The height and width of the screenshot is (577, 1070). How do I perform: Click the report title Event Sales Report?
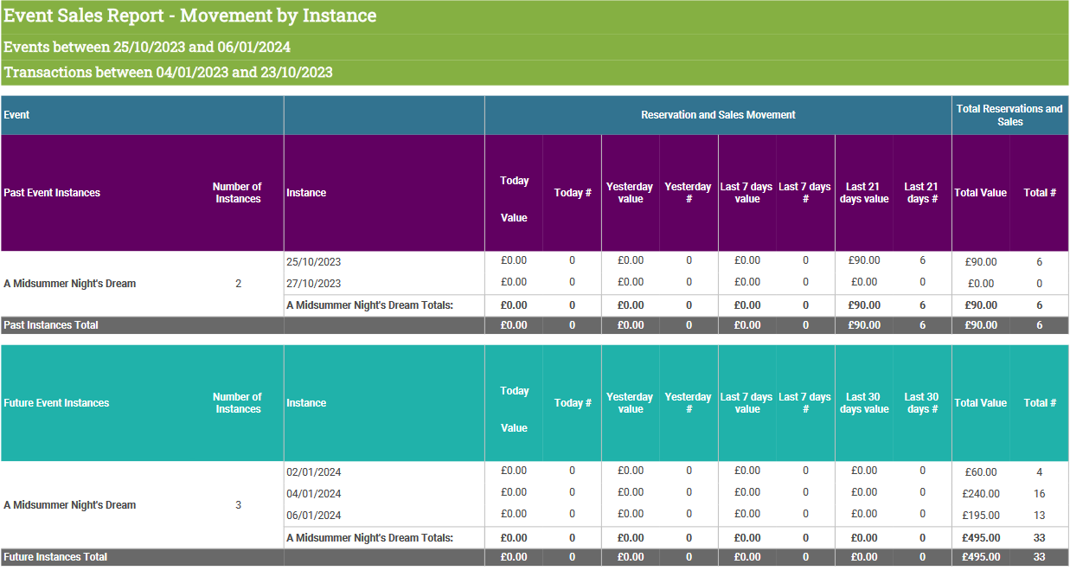[x=84, y=16]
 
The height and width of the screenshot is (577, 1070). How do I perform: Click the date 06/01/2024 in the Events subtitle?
[x=253, y=47]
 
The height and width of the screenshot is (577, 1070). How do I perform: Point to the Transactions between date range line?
[x=168, y=72]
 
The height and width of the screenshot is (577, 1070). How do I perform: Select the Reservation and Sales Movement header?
[x=718, y=115]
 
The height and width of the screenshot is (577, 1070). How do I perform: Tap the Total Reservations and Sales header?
[x=1009, y=115]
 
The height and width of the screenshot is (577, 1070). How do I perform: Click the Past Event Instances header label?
[x=52, y=193]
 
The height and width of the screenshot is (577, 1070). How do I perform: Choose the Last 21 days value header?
[x=864, y=193]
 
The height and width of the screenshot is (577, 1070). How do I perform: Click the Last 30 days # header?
[x=921, y=402]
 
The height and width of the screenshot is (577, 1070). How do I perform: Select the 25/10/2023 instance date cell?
[x=314, y=262]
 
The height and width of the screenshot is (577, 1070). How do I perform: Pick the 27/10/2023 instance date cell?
[x=314, y=283]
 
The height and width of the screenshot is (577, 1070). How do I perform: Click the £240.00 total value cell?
[x=981, y=493]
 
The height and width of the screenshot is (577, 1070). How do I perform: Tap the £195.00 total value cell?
[x=981, y=516]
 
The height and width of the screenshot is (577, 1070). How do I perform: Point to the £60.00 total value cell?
[x=981, y=472]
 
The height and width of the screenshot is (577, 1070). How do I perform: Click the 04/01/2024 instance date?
[x=314, y=493]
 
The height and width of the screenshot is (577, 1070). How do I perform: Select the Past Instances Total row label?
[x=51, y=324]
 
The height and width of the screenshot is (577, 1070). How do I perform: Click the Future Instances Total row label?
[x=55, y=557]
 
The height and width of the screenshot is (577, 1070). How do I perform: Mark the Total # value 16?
[x=1040, y=493]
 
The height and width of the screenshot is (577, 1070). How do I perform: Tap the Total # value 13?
[x=1040, y=516]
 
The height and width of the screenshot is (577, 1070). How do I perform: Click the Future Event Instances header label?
[x=56, y=402]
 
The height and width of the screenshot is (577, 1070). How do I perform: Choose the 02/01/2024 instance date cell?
[x=314, y=472]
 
